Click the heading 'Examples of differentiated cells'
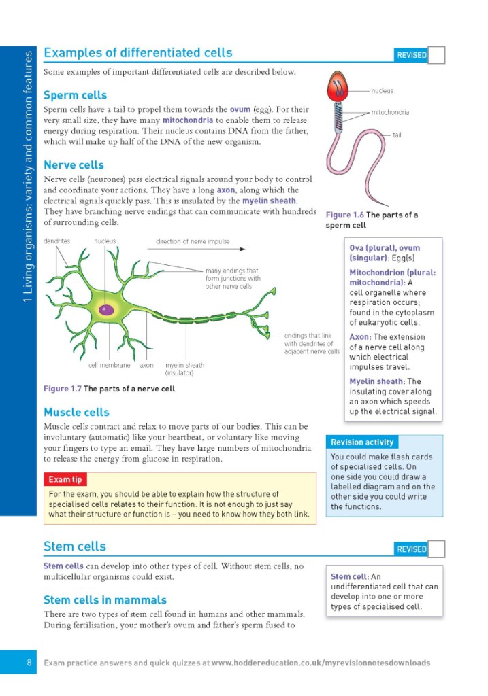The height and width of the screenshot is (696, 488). click(x=137, y=53)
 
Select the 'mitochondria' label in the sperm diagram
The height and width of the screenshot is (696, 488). click(x=390, y=112)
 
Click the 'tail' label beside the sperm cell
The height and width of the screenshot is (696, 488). click(x=397, y=135)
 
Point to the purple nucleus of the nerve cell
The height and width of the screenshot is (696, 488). click(x=107, y=310)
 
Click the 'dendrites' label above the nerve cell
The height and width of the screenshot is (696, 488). click(x=56, y=241)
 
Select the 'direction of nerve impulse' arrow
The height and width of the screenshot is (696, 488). click(x=196, y=249)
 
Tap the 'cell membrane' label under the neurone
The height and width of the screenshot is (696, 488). click(x=109, y=365)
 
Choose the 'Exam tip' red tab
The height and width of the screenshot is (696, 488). click(x=65, y=480)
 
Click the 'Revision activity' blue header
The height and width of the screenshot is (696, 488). click(x=362, y=442)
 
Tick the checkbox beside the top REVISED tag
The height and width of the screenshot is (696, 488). click(x=437, y=55)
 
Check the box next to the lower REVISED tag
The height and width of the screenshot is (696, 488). click(x=437, y=549)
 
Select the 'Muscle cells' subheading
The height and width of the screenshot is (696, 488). click(x=76, y=412)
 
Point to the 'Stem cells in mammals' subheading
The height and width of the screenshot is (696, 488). click(x=105, y=600)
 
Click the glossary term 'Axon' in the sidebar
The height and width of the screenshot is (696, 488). click(x=359, y=337)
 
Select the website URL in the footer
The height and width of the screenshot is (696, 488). click(x=321, y=663)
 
